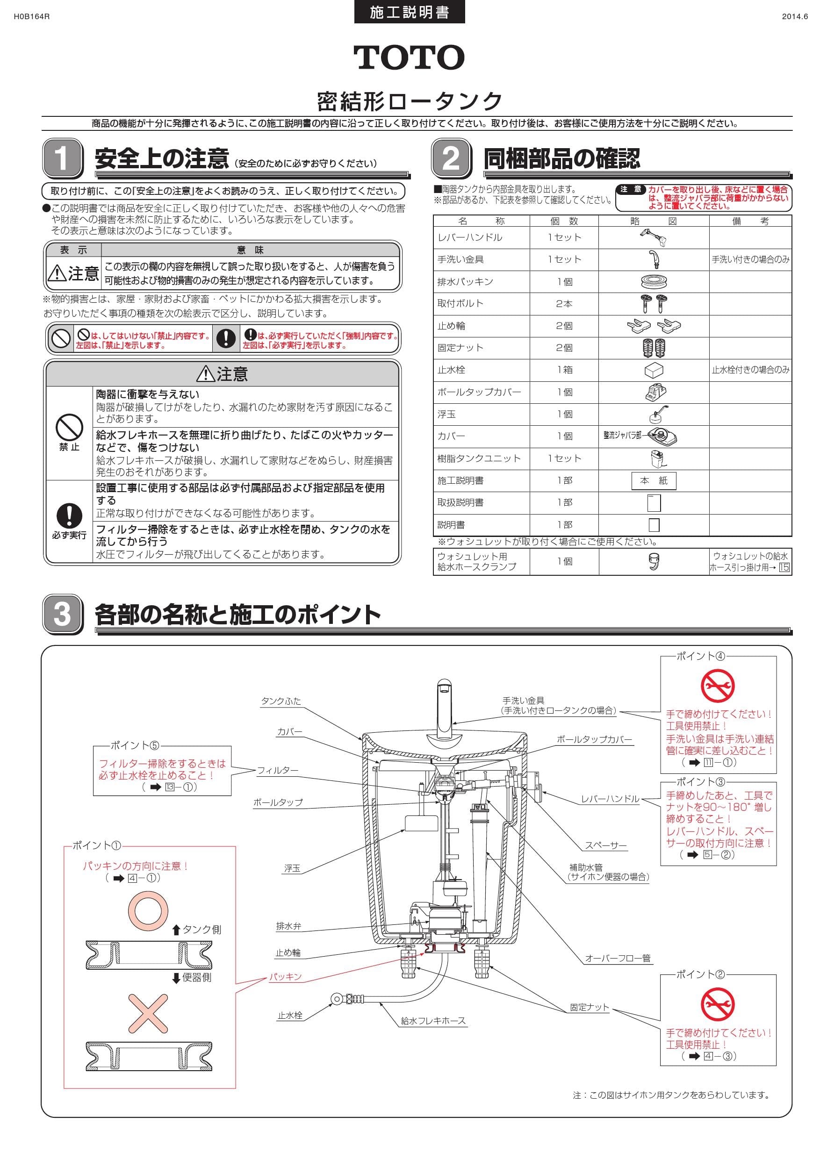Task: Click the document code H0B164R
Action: point(31,16)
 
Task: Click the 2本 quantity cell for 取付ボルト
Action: point(564,304)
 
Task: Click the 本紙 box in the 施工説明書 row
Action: point(654,480)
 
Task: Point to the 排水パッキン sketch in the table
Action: point(654,282)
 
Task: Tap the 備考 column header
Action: point(750,221)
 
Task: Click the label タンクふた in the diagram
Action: point(281,701)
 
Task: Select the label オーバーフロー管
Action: point(618,958)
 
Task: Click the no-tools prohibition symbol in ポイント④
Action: point(718,686)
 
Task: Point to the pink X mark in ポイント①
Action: point(147,1013)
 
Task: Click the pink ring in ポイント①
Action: point(147,912)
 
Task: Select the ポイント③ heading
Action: point(700,782)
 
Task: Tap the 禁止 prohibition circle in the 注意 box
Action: point(69,428)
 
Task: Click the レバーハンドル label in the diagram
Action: point(610,799)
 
